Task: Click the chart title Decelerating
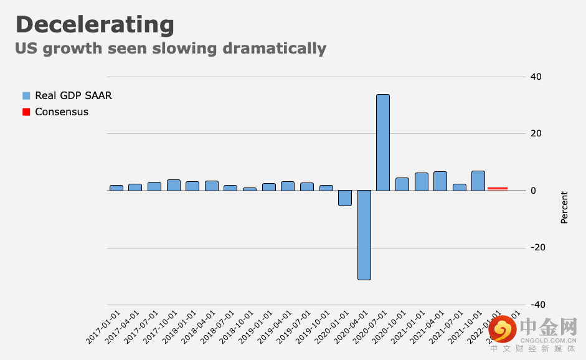(x=95, y=25)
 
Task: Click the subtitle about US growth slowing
(x=171, y=48)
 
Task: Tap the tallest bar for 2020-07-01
(x=383, y=142)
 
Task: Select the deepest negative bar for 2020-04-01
(x=364, y=235)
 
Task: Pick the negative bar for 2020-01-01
(x=345, y=198)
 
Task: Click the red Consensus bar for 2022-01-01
(x=498, y=188)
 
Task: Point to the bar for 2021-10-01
(x=478, y=181)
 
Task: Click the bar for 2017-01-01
(x=116, y=187)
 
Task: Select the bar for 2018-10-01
(x=250, y=189)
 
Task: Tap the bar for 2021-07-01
(x=460, y=187)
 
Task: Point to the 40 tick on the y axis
(x=536, y=77)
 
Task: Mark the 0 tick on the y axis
(x=533, y=191)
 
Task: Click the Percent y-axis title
(x=564, y=207)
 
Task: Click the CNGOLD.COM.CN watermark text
(x=548, y=339)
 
